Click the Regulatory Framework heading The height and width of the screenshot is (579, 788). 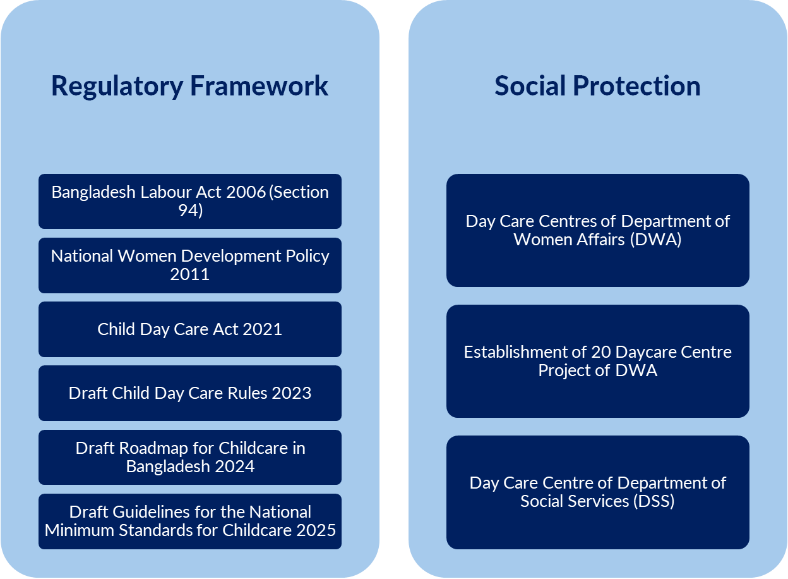(x=189, y=87)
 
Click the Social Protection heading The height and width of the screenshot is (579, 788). (x=597, y=86)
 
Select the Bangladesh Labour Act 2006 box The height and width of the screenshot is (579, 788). (x=190, y=202)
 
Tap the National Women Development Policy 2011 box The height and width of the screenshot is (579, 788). (x=190, y=265)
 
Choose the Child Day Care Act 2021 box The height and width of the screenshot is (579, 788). (x=190, y=329)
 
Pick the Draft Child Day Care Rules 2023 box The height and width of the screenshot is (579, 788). (x=190, y=393)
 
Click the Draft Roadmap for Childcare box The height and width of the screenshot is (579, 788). (x=190, y=458)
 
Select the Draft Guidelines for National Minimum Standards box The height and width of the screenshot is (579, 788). (x=190, y=521)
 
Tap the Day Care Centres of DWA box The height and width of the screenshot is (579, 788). (x=598, y=230)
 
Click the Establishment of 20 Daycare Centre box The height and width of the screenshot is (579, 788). (x=598, y=362)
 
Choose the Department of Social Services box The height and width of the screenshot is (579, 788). (x=598, y=492)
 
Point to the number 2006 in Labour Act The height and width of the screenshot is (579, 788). (x=246, y=192)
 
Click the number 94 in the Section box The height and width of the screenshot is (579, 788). (x=186, y=210)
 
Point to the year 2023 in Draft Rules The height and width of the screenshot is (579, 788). (x=291, y=393)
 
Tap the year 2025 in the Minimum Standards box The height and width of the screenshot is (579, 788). (x=316, y=531)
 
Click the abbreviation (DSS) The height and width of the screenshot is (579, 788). (x=654, y=501)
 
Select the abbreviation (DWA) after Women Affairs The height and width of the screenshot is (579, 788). (x=656, y=240)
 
